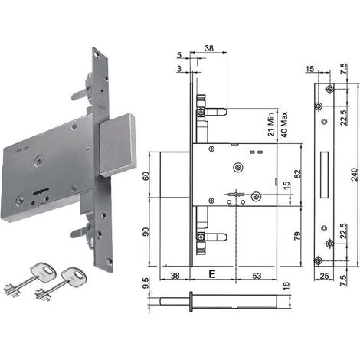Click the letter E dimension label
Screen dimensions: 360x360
tap(212, 274)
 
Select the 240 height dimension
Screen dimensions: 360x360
tap(355, 175)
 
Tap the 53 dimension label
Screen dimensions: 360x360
tap(257, 276)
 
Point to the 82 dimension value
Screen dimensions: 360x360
tap(298, 174)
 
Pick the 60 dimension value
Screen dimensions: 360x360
tap(146, 176)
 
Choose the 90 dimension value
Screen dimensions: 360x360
tap(146, 232)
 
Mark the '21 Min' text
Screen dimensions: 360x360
tap(271, 124)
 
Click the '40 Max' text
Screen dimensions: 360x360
tap(283, 124)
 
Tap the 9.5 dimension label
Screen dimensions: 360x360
tap(146, 283)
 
